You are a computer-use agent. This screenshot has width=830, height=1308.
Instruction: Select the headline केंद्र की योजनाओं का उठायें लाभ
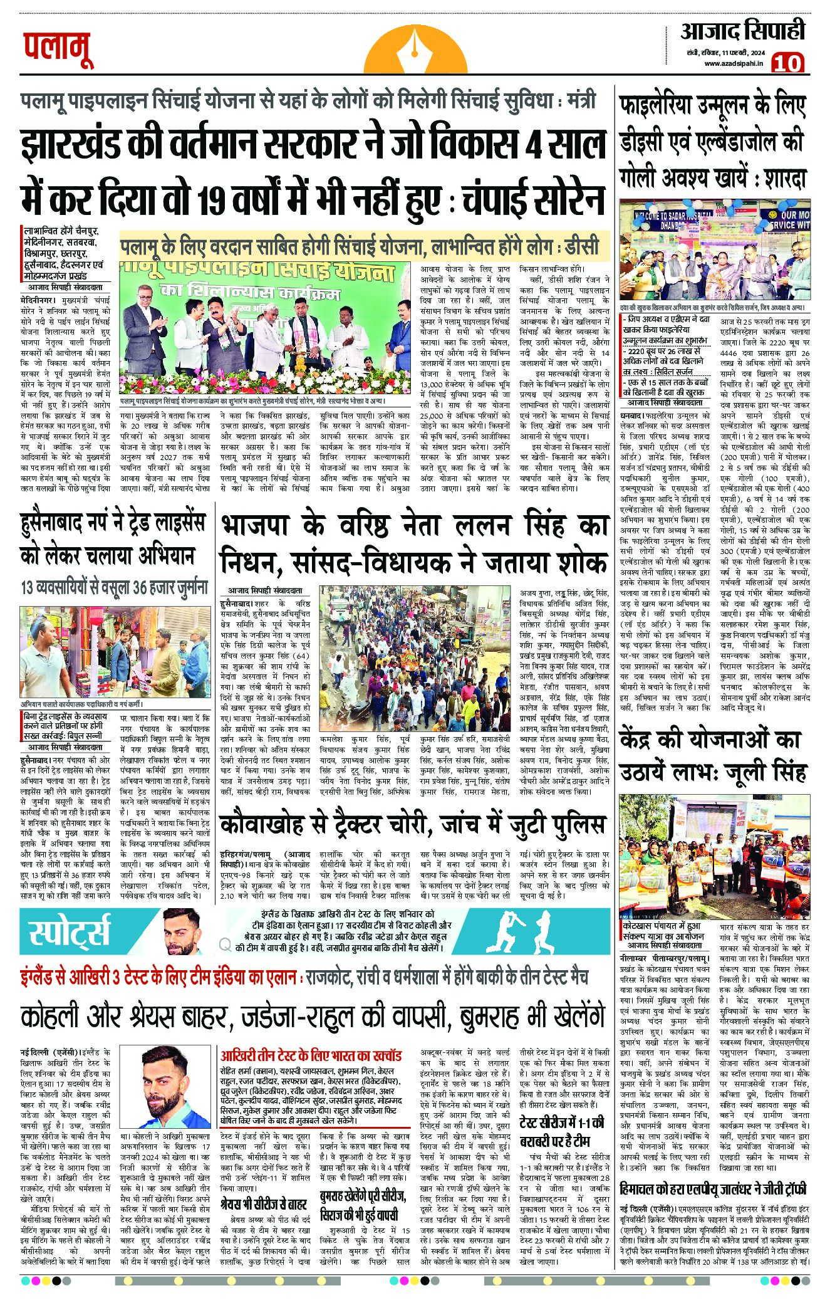click(x=713, y=756)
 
